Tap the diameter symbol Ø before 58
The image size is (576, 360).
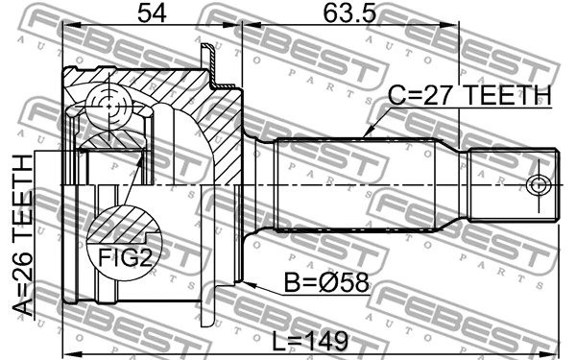coord(329,284)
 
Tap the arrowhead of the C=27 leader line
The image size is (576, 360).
coord(366,134)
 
